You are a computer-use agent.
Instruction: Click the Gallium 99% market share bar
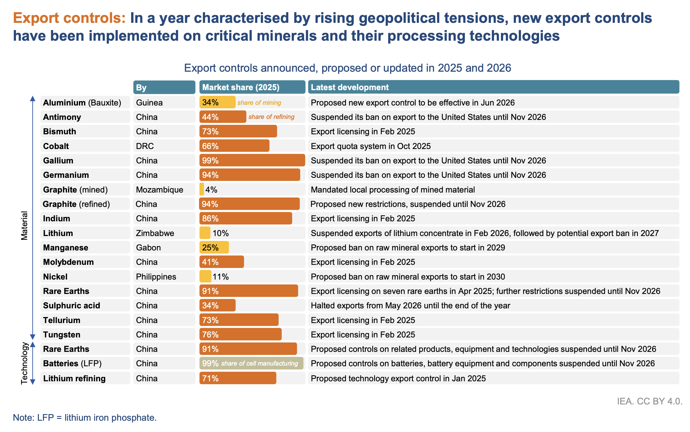coord(252,160)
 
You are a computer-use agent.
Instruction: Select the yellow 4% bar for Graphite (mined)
coord(202,189)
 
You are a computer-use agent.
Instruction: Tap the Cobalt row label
coord(56,146)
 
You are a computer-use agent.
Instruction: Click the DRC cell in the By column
coord(145,146)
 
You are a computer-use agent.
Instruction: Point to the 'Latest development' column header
coord(350,87)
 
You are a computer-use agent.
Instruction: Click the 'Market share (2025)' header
coord(241,87)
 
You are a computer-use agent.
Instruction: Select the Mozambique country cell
coord(160,190)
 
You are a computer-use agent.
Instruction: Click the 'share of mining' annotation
coord(259,103)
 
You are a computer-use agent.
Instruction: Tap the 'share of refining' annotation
coord(271,117)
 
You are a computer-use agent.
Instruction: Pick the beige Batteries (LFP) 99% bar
coord(251,363)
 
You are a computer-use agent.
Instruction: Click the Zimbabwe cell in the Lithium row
coord(155,233)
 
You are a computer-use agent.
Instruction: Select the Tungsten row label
coord(62,335)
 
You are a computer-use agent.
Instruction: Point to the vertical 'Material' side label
coord(24,225)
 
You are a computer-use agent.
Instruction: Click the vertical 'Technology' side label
coord(24,363)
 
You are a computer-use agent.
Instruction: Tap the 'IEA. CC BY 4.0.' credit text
coord(650,401)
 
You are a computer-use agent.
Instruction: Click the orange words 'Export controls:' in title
coord(69,18)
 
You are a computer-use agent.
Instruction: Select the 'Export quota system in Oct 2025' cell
coord(371,146)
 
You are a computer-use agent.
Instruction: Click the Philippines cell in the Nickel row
coord(156,277)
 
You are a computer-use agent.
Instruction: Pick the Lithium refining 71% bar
coord(238,378)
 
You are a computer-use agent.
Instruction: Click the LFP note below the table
coord(85,418)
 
